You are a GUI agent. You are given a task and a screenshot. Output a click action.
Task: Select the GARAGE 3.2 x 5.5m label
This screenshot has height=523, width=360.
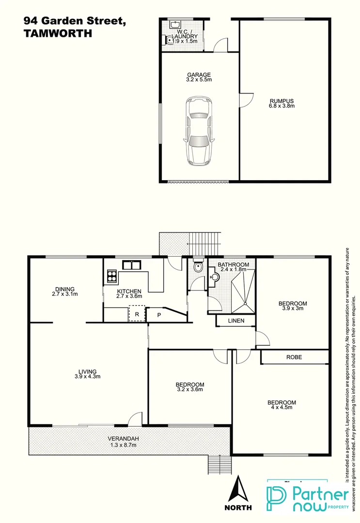click(199, 77)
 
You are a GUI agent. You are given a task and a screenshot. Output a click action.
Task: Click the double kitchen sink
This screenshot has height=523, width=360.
click(131, 264)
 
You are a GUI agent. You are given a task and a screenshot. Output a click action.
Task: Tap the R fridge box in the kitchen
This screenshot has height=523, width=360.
click(137, 314)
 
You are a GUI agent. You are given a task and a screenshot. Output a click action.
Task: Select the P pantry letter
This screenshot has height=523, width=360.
click(158, 315)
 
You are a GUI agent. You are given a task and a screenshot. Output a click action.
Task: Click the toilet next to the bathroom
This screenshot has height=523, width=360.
click(197, 267)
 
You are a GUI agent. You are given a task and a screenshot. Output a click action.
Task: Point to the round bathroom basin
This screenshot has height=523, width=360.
click(215, 277)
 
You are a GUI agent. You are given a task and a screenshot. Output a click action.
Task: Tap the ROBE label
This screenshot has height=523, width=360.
click(294, 357)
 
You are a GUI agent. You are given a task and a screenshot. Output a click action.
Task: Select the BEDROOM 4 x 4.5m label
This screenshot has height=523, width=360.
click(282, 405)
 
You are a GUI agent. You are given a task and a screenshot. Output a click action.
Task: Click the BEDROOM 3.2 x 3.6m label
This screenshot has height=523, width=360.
click(189, 387)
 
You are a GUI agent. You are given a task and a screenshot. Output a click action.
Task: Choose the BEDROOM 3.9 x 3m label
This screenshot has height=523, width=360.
click(292, 307)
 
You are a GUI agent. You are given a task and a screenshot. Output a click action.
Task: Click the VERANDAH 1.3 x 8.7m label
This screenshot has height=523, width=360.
click(123, 442)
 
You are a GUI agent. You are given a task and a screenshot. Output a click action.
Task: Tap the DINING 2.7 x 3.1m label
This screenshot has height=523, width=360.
click(64, 291)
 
